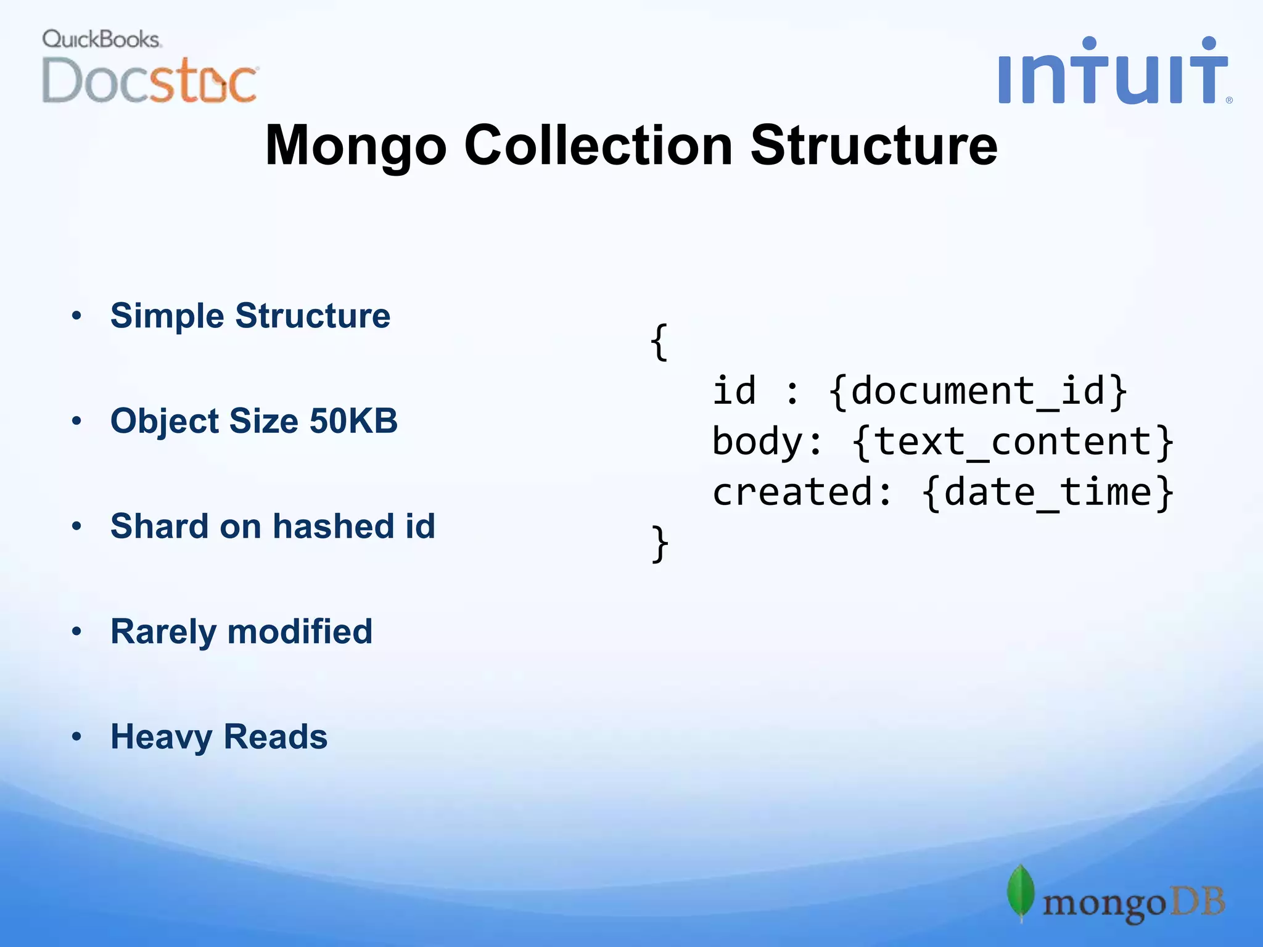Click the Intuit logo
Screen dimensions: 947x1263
tap(1113, 73)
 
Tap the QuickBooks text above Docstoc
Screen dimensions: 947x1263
tap(101, 39)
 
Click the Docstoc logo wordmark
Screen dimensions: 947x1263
tap(150, 81)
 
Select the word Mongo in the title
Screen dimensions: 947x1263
tap(355, 146)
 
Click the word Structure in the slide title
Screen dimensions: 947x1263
tap(873, 146)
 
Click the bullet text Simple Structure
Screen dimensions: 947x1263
tap(250, 316)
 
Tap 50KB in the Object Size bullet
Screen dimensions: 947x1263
tap(353, 421)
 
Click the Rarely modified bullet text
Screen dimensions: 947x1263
tap(241, 632)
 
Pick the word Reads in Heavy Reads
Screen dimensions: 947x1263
tap(275, 737)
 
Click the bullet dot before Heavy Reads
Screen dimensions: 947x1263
tap(76, 737)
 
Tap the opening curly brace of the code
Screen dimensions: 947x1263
tap(659, 342)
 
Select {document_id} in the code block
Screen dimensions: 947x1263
tap(977, 392)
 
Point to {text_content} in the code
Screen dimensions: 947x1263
tap(1012, 442)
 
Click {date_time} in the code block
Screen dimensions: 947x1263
tap(1047, 493)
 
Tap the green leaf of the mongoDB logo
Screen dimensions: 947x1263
tap(1021, 893)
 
